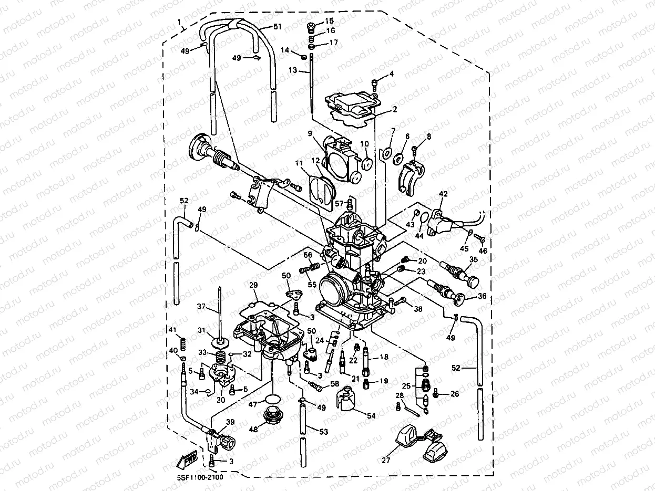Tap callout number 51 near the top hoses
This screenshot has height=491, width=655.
point(278,26)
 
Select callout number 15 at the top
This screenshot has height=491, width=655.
point(329,20)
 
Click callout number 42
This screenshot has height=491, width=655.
point(443,194)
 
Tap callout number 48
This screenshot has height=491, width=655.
point(254,429)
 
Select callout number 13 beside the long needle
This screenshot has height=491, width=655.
point(292,70)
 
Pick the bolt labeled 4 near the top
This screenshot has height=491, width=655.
point(375,82)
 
